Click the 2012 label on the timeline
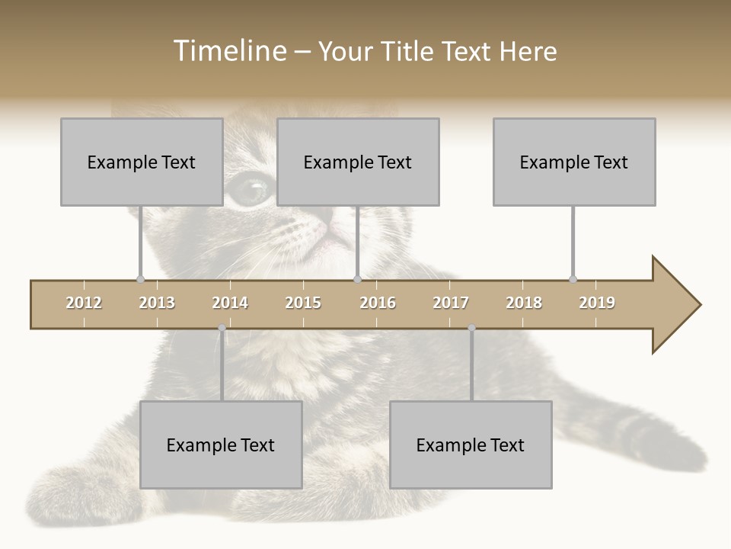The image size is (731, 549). tap(84, 303)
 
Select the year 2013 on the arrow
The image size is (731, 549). tap(157, 303)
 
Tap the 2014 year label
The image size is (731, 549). tap(230, 303)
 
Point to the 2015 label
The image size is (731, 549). tap(303, 303)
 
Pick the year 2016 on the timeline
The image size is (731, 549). tap(378, 303)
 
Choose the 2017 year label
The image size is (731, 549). tap(451, 303)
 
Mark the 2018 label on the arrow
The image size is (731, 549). tap(524, 303)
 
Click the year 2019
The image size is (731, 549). tap(597, 303)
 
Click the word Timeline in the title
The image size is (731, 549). tap(228, 51)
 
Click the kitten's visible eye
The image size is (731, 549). tap(250, 188)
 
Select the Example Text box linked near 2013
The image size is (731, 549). tap(142, 162)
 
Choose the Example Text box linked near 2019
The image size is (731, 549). tap(574, 162)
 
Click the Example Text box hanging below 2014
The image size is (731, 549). tap(221, 445)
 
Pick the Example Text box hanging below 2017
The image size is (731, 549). tap(471, 445)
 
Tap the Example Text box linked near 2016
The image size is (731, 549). tap(358, 162)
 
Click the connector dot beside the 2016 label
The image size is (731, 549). tap(358, 279)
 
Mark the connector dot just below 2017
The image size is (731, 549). tap(471, 328)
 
